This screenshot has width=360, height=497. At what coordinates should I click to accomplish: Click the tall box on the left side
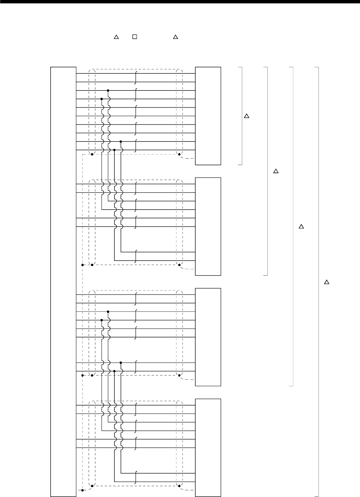click(63, 281)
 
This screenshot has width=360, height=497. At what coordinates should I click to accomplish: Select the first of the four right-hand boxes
click(208, 116)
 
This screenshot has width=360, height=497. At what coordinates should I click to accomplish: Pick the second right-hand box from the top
click(208, 226)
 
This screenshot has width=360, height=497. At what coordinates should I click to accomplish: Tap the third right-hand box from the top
click(208, 337)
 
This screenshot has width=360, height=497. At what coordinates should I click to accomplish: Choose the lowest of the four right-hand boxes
click(208, 447)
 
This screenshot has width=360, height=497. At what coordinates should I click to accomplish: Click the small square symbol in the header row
click(134, 37)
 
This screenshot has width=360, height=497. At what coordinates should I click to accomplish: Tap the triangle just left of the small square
click(116, 37)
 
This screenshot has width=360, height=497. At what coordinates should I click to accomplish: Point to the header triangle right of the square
click(175, 37)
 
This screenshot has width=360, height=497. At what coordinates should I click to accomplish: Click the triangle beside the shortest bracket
click(247, 116)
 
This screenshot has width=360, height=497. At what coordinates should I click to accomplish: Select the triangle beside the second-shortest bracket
click(276, 171)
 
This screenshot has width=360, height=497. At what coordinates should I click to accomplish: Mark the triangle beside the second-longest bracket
click(301, 227)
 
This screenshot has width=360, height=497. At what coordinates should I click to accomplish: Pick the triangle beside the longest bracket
click(326, 282)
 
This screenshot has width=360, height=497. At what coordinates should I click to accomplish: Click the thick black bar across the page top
click(180, 2)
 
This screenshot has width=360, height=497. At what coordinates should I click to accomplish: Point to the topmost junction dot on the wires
click(108, 90)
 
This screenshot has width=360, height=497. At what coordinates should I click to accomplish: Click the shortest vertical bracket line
click(242, 116)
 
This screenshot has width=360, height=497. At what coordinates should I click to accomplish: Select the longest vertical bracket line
click(318, 281)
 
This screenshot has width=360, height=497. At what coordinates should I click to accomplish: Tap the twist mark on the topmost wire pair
click(136, 78)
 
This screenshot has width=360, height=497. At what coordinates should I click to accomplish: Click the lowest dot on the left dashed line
click(82, 490)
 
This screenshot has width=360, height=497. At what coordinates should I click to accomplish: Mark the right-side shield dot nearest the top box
click(179, 154)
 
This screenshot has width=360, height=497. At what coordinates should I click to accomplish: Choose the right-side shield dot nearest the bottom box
click(179, 486)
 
